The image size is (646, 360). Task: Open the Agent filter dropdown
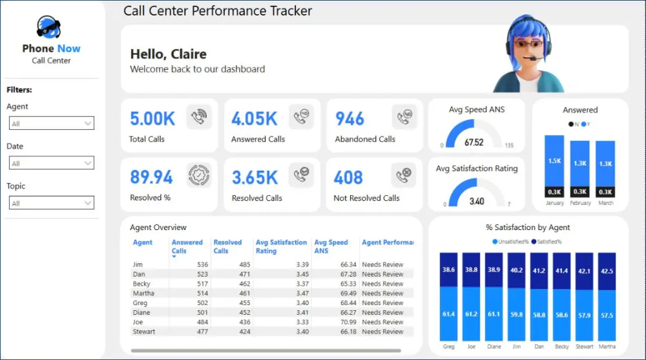(x=52, y=123)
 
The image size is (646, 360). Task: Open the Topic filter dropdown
(x=52, y=203)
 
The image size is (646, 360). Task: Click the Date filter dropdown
(x=52, y=164)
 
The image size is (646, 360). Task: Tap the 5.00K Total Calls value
(x=152, y=119)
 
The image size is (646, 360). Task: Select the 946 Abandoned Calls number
(x=349, y=119)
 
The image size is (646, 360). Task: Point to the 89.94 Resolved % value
(x=151, y=177)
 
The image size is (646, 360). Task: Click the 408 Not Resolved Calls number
(x=348, y=177)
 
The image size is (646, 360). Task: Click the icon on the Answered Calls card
(x=301, y=117)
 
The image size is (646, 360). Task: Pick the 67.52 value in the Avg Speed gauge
(x=474, y=142)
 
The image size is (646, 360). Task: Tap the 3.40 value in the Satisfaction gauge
(x=476, y=201)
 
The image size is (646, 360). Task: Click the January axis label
(x=554, y=203)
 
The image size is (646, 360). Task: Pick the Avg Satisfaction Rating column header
(x=281, y=246)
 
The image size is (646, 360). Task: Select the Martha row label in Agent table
(x=143, y=293)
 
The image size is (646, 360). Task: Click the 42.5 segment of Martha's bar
(x=607, y=271)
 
